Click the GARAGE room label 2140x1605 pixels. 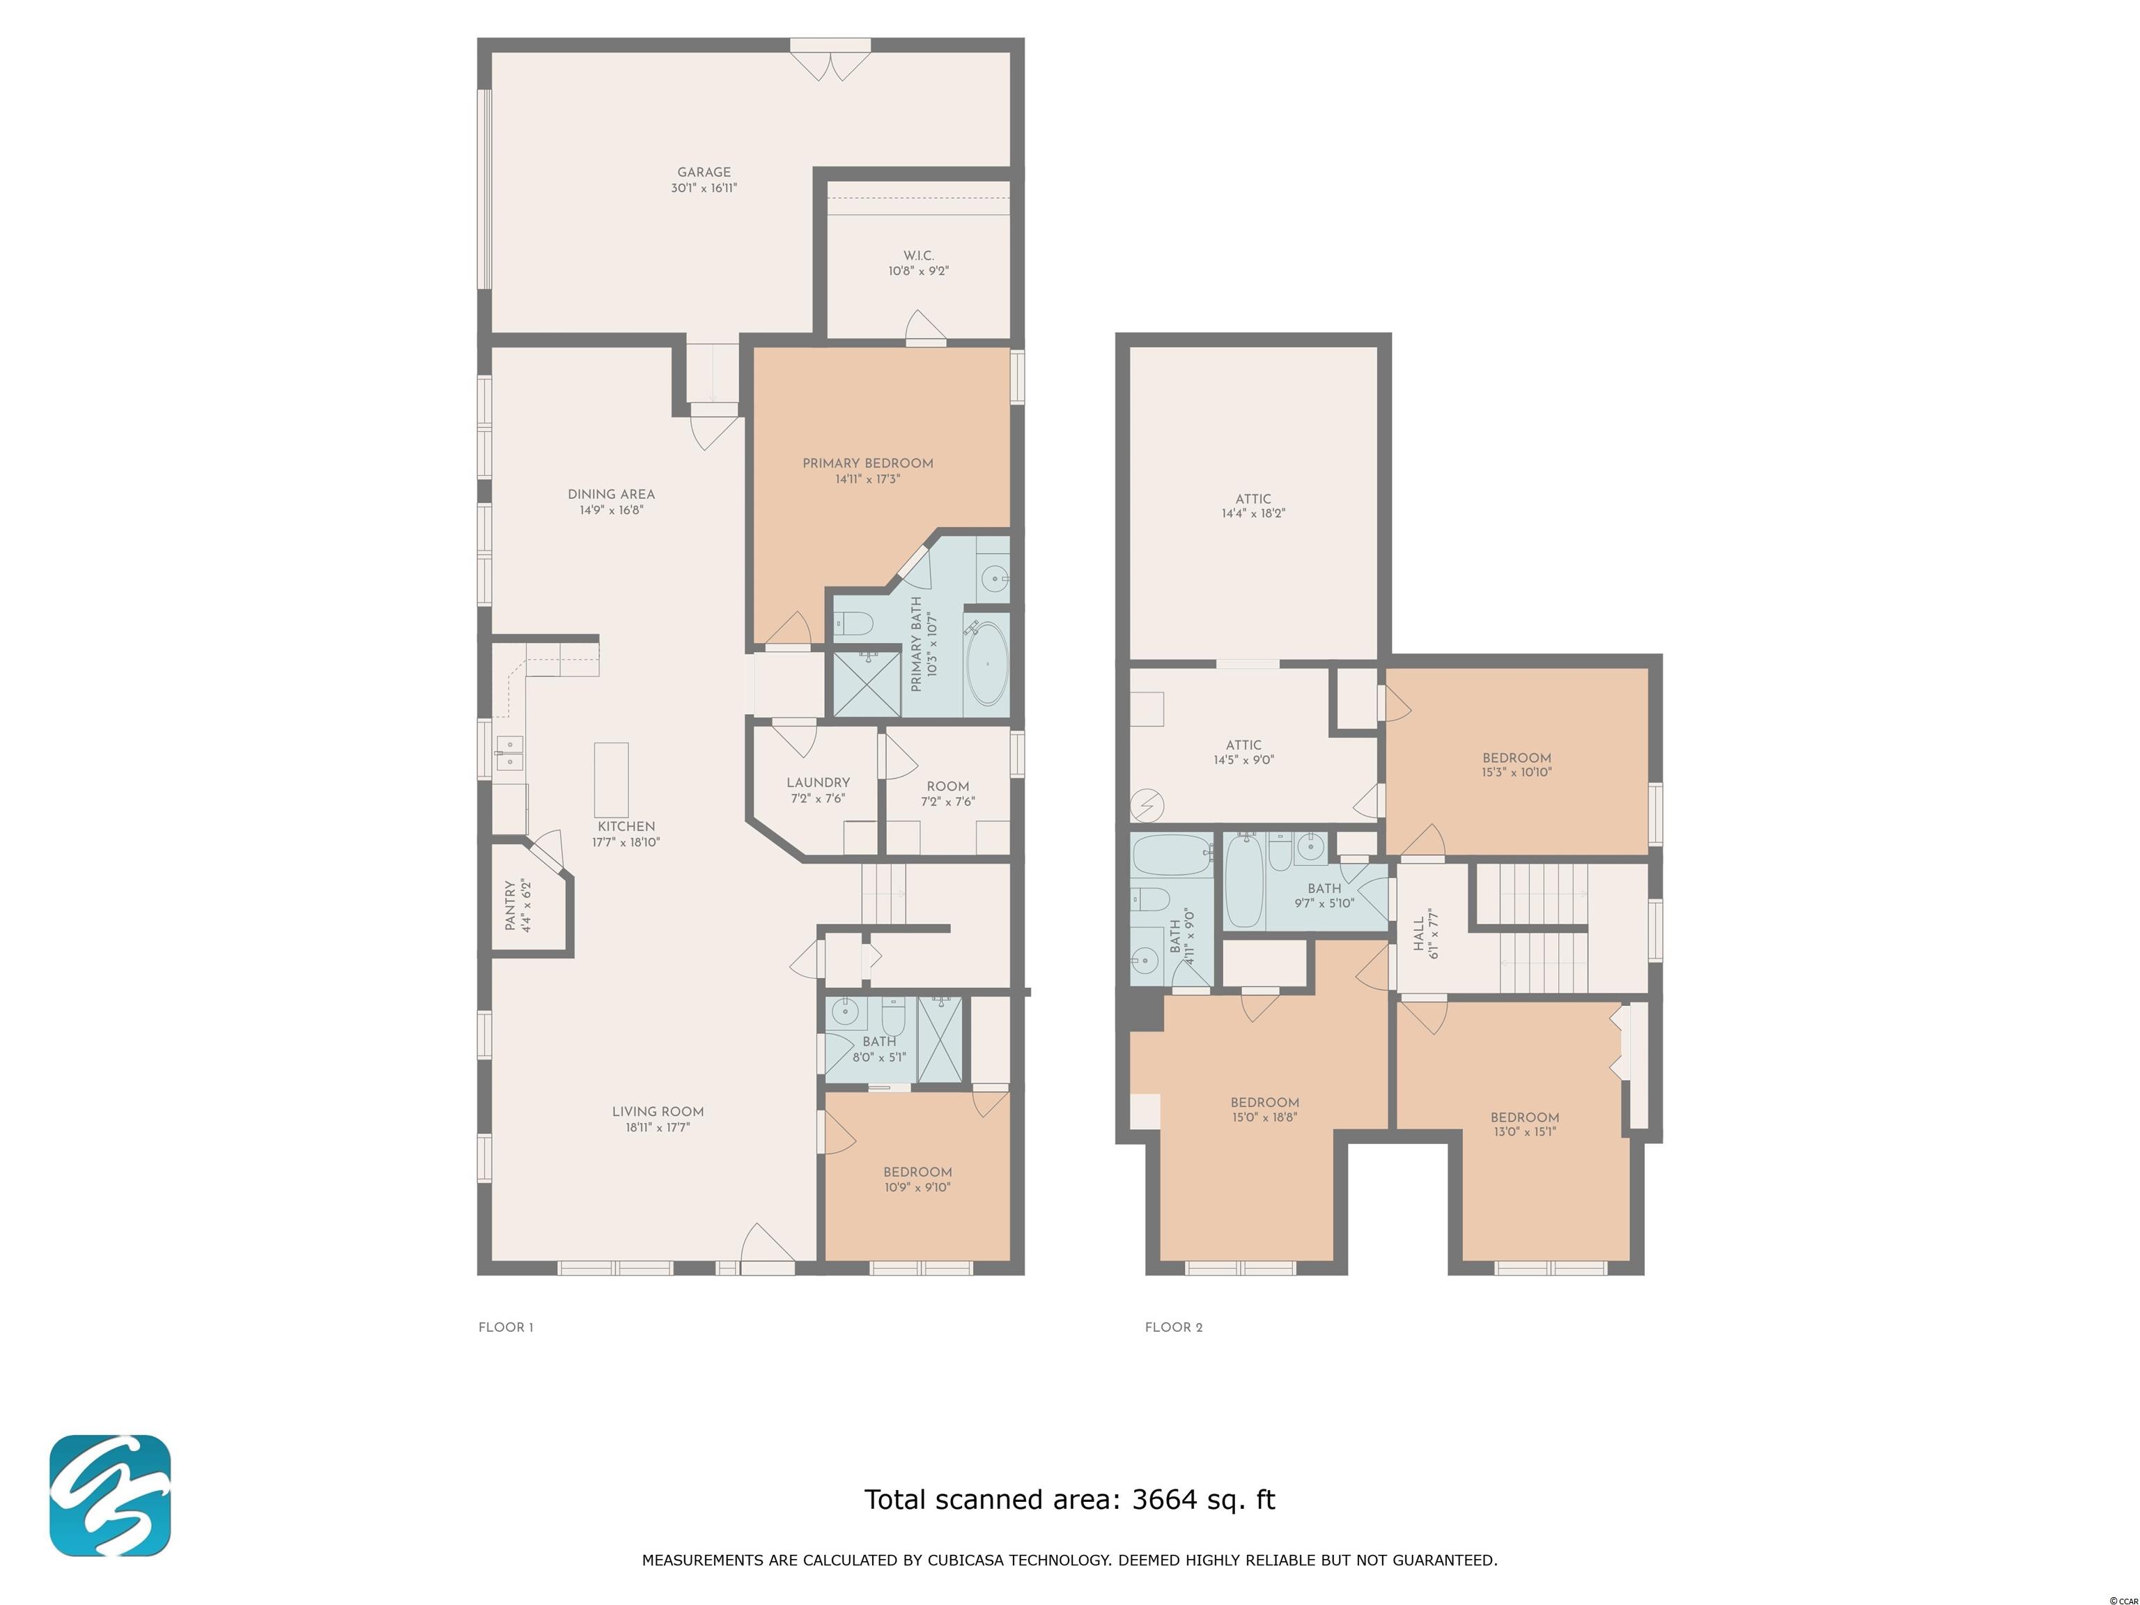point(704,172)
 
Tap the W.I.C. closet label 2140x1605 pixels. point(918,256)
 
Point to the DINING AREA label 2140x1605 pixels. point(612,495)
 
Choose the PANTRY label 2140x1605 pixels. point(510,906)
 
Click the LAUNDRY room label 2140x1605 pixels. point(818,783)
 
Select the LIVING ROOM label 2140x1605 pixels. point(658,1112)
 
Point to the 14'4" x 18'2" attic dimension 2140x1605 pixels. point(1253,513)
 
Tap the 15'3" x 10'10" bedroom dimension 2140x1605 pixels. point(1516,772)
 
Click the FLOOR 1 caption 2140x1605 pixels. point(506,1327)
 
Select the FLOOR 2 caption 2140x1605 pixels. point(1174,1327)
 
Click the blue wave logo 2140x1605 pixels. point(110,1496)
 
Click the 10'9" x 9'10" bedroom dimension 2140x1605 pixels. point(917,1187)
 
